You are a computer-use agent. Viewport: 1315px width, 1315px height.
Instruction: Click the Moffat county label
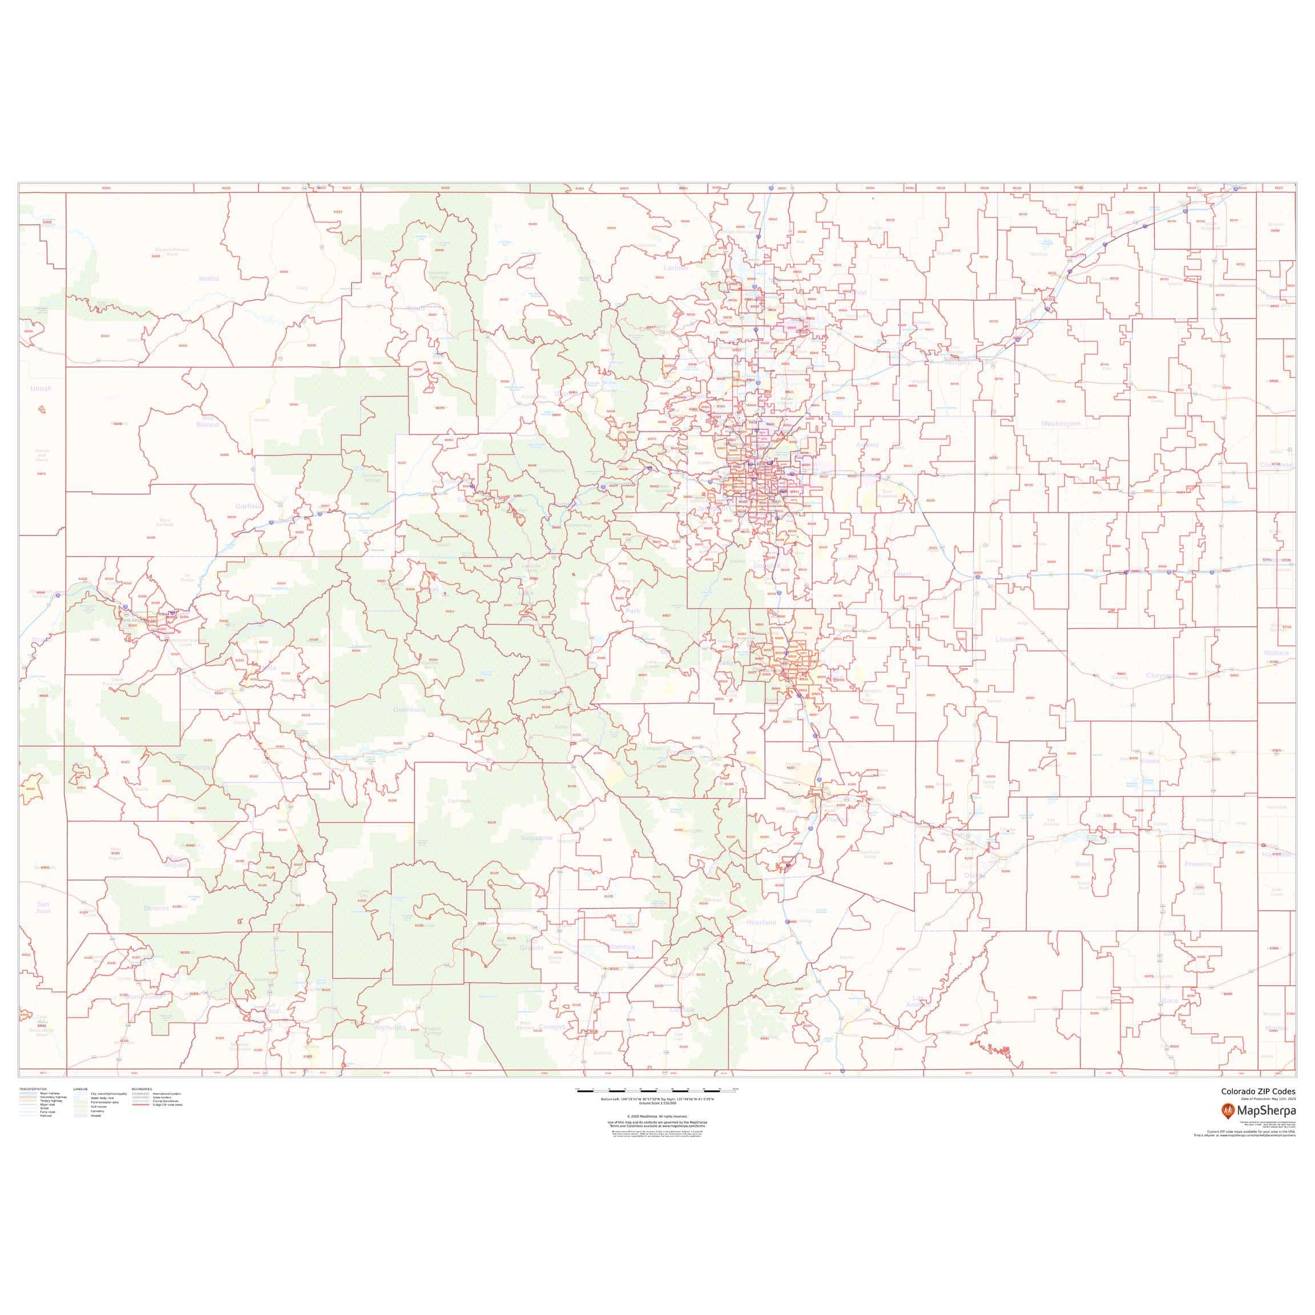click(x=209, y=279)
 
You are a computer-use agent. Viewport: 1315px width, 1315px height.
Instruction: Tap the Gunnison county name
click(x=409, y=710)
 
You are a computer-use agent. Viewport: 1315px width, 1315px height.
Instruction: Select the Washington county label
click(x=1060, y=424)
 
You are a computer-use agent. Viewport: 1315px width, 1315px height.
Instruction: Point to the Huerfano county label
click(x=761, y=922)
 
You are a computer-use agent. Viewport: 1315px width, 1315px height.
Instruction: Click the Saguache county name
click(x=537, y=838)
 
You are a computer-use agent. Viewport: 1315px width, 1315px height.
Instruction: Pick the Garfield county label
click(x=248, y=506)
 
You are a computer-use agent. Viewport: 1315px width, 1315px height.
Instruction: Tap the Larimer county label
click(x=676, y=268)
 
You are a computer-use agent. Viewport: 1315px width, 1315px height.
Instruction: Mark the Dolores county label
click(x=156, y=908)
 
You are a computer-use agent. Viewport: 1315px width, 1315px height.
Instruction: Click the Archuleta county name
click(x=390, y=1028)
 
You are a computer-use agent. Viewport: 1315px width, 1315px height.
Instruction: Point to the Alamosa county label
click(x=621, y=946)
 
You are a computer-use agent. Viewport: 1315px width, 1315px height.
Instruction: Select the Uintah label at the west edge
click(x=41, y=389)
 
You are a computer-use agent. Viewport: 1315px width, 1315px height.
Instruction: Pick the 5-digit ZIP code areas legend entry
click(x=167, y=1124)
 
